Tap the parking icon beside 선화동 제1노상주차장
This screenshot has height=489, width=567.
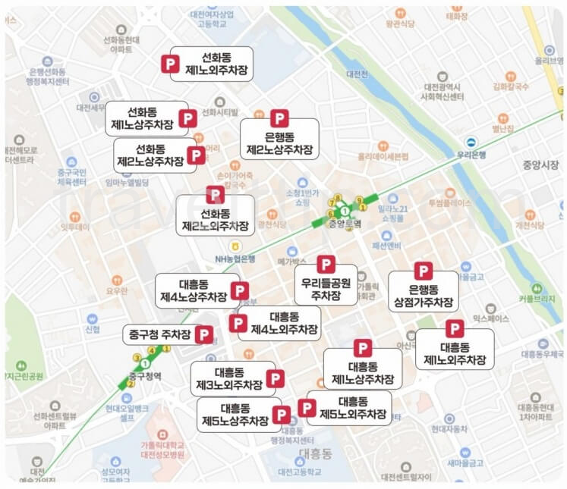click(187, 118)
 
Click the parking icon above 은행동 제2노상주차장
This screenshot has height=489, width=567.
click(280, 118)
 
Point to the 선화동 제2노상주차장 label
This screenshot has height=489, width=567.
click(150, 155)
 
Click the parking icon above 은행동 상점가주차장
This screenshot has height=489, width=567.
click(423, 271)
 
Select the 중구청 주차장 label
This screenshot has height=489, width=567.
click(160, 334)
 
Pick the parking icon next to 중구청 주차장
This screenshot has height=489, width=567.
click(203, 334)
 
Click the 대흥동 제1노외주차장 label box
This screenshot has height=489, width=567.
click(455, 353)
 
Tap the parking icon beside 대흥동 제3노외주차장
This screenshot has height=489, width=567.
click(276, 378)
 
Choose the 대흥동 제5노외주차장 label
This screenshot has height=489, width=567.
click(353, 408)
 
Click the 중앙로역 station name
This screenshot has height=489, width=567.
click(345, 224)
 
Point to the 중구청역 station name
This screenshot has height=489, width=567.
click(145, 375)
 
